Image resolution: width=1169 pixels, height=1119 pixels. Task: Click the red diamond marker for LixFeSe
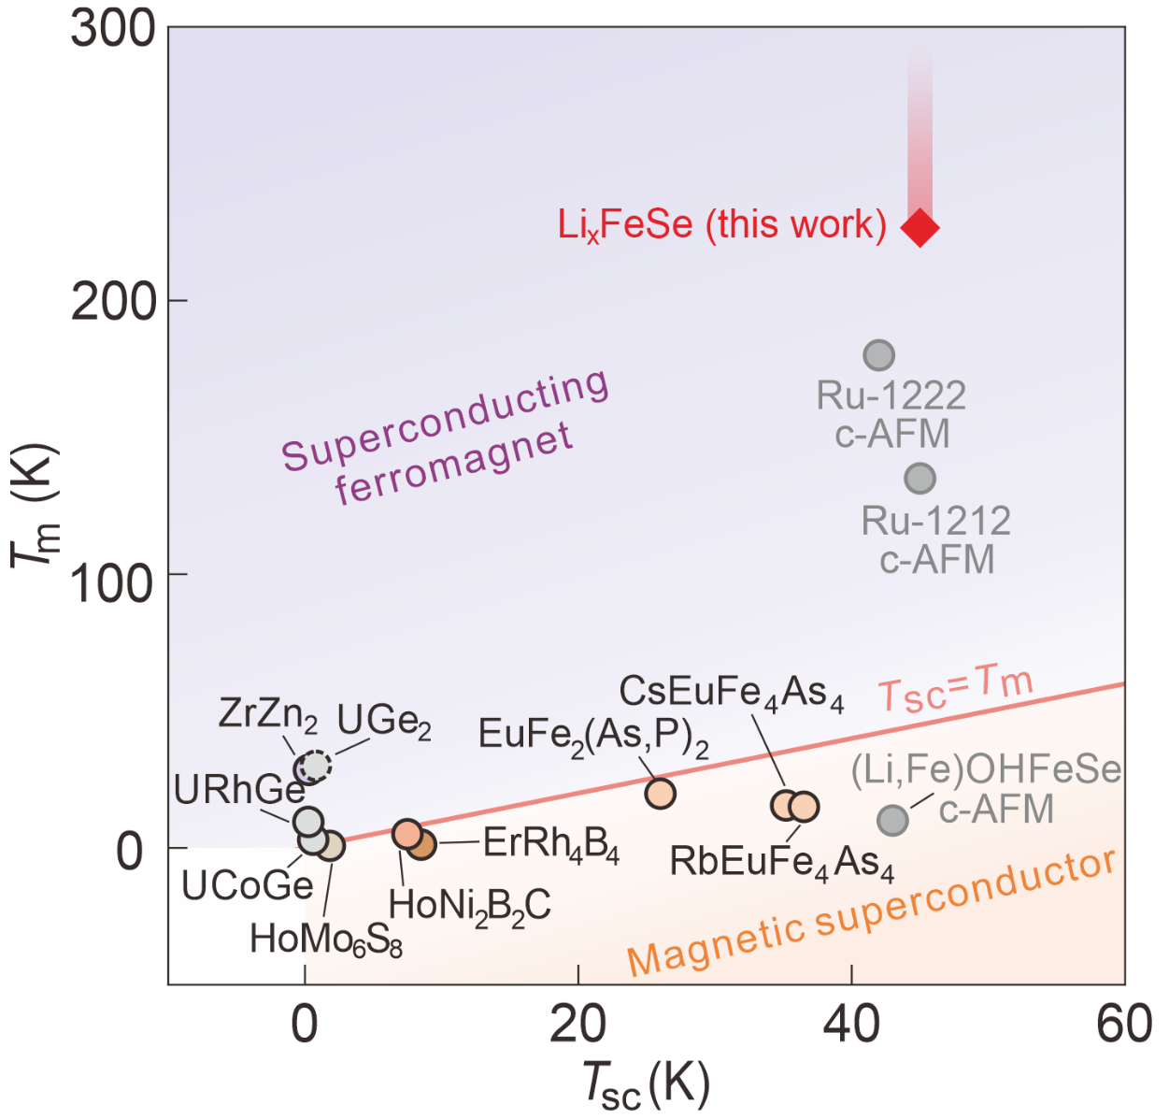[920, 227]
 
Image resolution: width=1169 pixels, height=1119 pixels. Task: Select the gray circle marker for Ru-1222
[878, 355]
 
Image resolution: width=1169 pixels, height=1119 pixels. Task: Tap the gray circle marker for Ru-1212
[920, 479]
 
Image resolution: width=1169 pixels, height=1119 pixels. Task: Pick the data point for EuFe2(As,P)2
[660, 794]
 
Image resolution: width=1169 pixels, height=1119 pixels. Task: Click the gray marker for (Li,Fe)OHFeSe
[893, 820]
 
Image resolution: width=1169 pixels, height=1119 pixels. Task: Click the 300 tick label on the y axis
[112, 30]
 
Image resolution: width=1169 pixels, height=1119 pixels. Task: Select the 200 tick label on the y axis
[112, 302]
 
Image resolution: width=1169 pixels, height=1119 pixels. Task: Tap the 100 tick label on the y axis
[112, 584]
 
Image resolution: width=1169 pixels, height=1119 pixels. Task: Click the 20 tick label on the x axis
[578, 1025]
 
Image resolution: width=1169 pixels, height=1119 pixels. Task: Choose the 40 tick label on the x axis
[851, 1025]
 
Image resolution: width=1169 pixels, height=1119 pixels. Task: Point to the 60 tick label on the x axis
[1123, 1025]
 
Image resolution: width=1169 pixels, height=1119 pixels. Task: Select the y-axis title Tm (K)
[36, 505]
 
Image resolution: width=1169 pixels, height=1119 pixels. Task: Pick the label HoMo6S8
[326, 939]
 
